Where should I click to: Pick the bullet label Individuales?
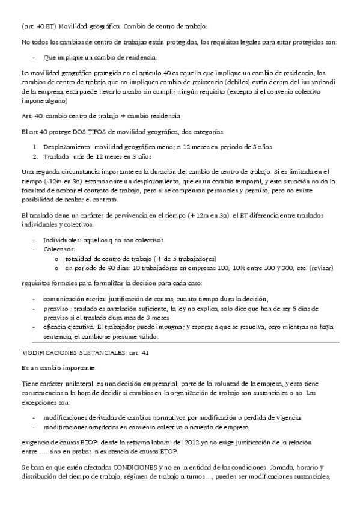pos(63,239)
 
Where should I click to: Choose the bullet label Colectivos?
pos(59,247)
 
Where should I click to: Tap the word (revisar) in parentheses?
pos(320,268)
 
